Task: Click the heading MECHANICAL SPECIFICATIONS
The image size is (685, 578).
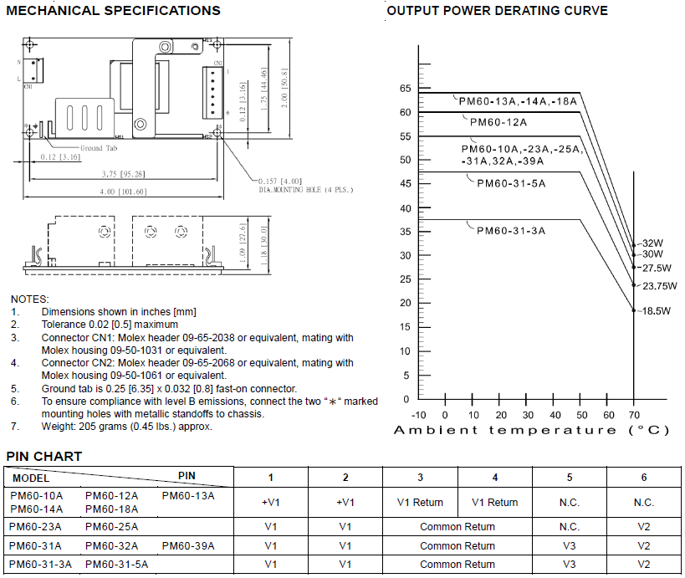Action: [114, 11]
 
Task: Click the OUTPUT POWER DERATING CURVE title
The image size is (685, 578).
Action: [497, 11]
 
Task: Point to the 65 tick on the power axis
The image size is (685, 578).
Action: [405, 89]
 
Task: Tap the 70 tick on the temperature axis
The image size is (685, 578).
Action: [633, 415]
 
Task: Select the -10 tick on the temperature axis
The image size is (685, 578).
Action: [419, 415]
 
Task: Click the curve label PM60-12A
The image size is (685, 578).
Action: [498, 122]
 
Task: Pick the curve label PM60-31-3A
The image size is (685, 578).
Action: [511, 230]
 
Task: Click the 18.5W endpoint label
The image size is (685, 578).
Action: [657, 311]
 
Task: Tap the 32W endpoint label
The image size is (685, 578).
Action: [652, 243]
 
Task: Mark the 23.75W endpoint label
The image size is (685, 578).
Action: [659, 285]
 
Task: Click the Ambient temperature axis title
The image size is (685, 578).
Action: [531, 430]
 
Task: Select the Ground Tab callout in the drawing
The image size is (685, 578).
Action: [99, 148]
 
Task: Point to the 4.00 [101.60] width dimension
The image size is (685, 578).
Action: [123, 192]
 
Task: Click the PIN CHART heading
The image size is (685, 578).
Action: [44, 456]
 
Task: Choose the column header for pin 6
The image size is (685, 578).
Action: [644, 477]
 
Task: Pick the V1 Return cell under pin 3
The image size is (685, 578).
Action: [420, 503]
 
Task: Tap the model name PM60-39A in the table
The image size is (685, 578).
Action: [188, 545]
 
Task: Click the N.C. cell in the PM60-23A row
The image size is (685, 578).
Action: [569, 527]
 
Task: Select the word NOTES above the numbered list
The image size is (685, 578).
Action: [29, 299]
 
